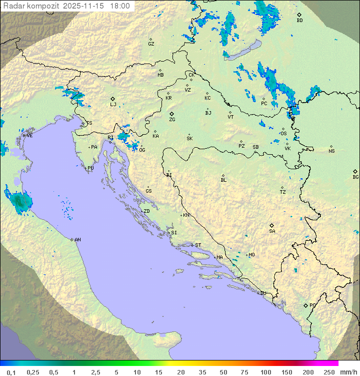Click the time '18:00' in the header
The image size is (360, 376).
tap(120, 6)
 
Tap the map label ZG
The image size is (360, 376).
tap(172, 120)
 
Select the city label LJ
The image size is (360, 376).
tap(113, 104)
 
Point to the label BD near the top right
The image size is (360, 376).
tap(299, 21)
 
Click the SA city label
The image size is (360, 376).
tap(272, 231)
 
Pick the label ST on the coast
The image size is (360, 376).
tap(198, 245)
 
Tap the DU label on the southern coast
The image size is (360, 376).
tap(262, 293)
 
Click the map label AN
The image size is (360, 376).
tap(77, 240)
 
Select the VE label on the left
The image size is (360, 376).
tap(29, 135)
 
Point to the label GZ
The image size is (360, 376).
tap(151, 44)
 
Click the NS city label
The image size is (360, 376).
tap(331, 151)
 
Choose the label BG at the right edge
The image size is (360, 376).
tap(355, 177)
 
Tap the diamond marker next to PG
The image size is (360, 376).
tap(306, 305)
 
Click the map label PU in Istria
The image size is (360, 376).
tap(90, 168)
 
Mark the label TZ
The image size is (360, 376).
tap(283, 192)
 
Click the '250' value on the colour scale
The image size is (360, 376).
tap(328, 372)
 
